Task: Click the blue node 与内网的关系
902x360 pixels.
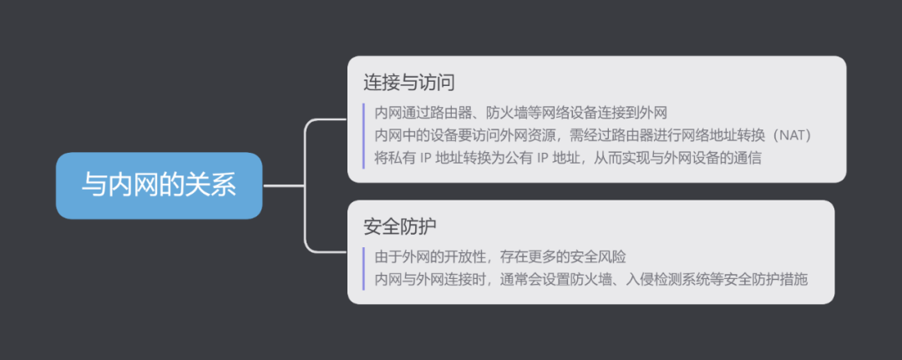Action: tap(159, 185)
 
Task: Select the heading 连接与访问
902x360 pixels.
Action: tap(408, 83)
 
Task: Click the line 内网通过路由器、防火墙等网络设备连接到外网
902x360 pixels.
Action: tap(520, 113)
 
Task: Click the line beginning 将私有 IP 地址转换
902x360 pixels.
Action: tap(568, 156)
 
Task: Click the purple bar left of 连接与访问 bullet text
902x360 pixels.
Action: tap(364, 134)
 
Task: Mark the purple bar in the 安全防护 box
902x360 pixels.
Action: tap(364, 267)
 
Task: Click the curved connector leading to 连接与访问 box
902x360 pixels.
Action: tap(311, 134)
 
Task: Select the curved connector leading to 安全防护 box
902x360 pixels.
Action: tap(311, 238)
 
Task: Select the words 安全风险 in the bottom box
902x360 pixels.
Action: tap(621, 256)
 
